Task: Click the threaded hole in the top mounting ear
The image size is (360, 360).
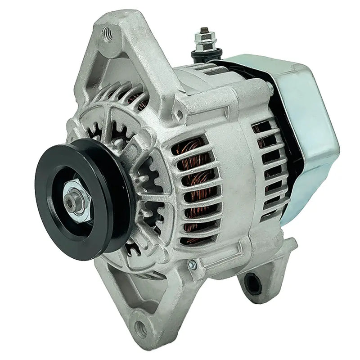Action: point(107,32)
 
